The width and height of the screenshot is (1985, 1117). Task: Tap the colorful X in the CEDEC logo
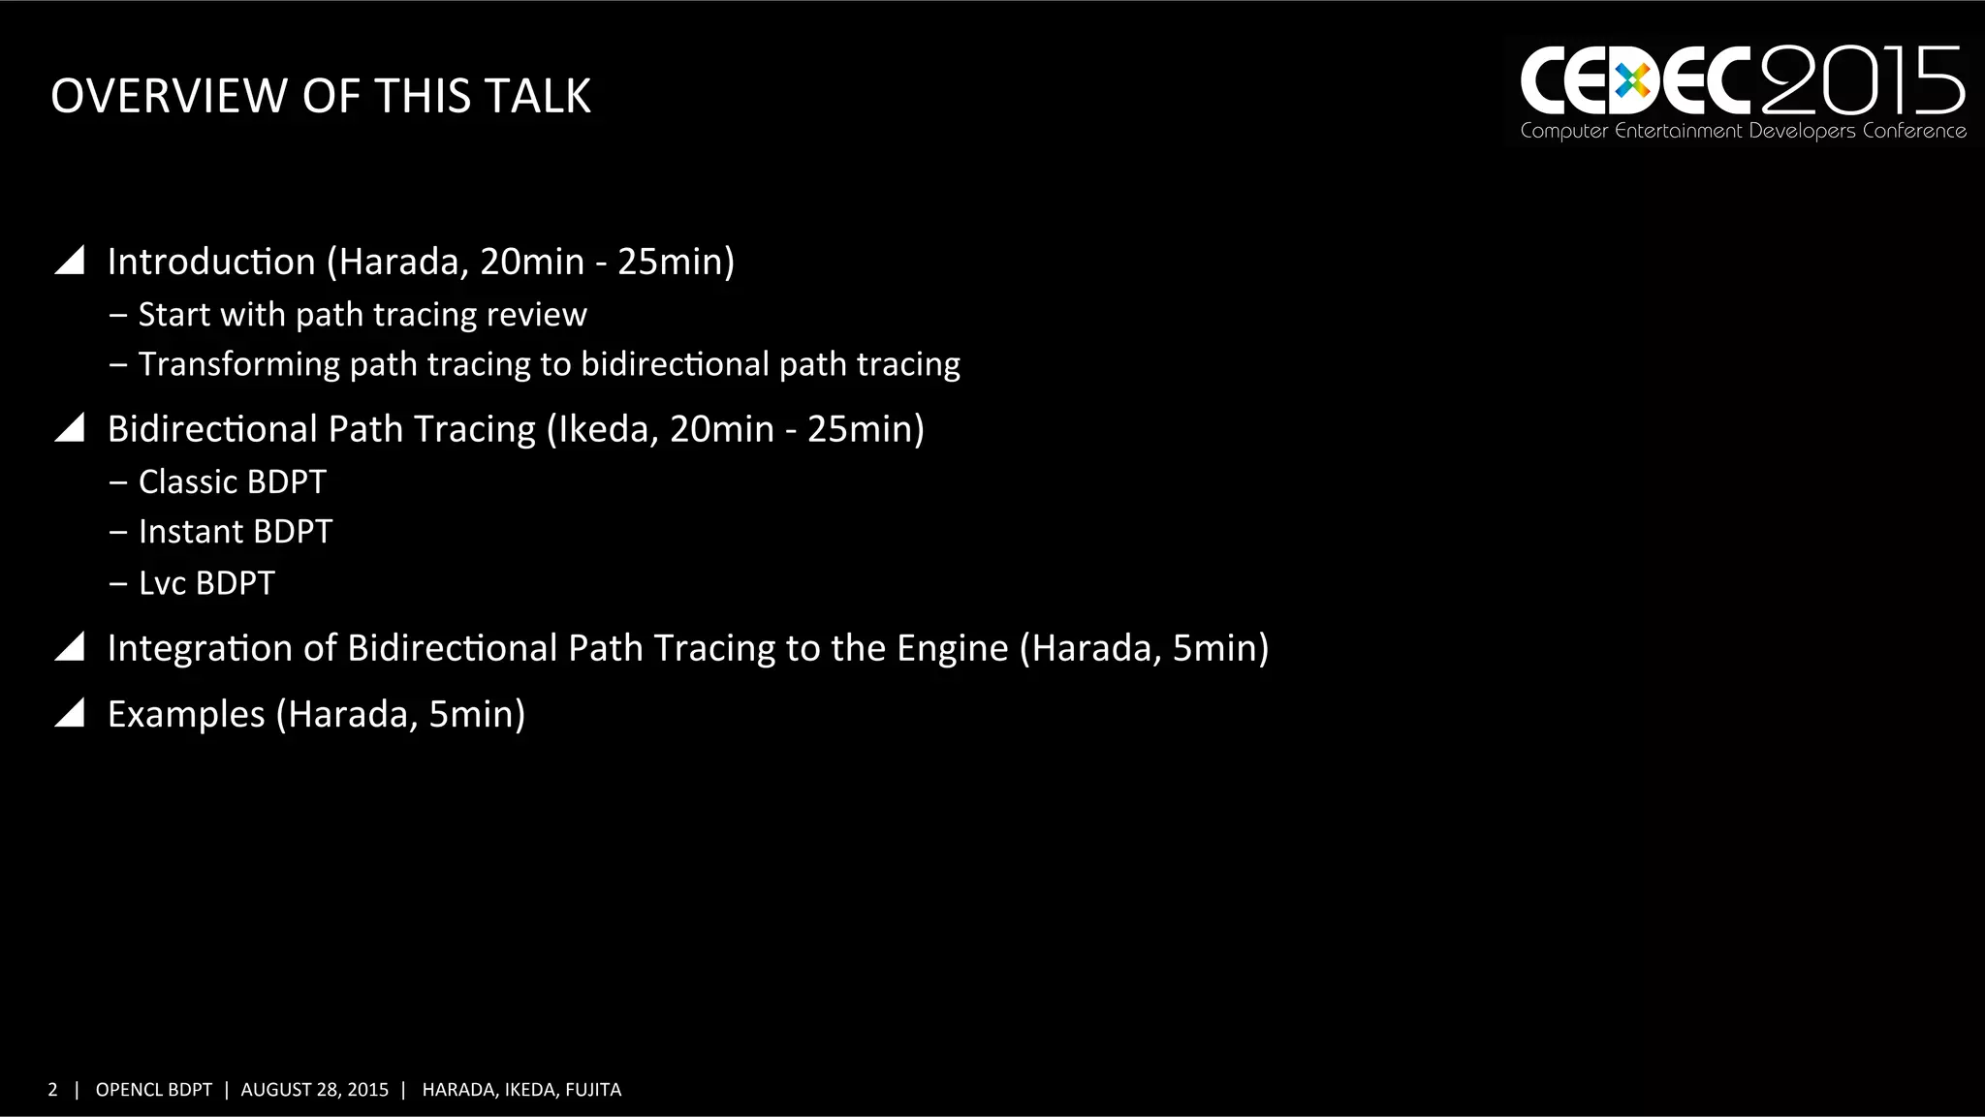1632,81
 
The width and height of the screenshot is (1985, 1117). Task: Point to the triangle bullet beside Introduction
70,261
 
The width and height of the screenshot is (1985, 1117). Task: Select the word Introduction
211,262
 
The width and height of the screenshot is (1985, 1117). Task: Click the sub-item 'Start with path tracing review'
362,315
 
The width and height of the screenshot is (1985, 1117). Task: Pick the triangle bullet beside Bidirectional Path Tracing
70,427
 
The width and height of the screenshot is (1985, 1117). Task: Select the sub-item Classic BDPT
232,482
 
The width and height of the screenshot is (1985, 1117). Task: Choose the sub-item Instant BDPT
235,532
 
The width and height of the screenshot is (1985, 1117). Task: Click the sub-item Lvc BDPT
206,583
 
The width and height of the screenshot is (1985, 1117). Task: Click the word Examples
186,714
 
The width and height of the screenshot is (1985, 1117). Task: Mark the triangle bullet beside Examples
70,713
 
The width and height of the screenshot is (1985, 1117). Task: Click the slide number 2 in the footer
52,1090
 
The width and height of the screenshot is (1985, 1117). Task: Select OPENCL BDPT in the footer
153,1090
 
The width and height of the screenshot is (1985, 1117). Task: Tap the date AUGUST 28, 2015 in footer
314,1090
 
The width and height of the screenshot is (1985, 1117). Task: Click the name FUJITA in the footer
593,1090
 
